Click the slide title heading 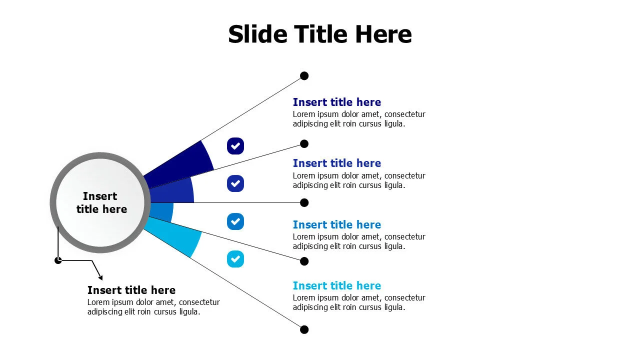point(319,34)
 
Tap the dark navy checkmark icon point(235,146)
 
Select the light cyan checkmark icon point(235,259)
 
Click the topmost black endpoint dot point(304,75)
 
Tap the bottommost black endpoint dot point(304,329)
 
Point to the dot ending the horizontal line point(304,202)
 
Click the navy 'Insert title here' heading point(337,102)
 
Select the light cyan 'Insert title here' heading point(337,285)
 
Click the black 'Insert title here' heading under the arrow point(131,290)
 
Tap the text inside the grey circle point(101,202)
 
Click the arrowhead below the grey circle point(100,277)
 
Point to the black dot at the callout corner point(58,260)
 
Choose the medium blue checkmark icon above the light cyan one point(235,221)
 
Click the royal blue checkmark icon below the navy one point(235,183)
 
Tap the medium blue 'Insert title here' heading point(337,224)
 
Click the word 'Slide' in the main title point(257,34)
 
